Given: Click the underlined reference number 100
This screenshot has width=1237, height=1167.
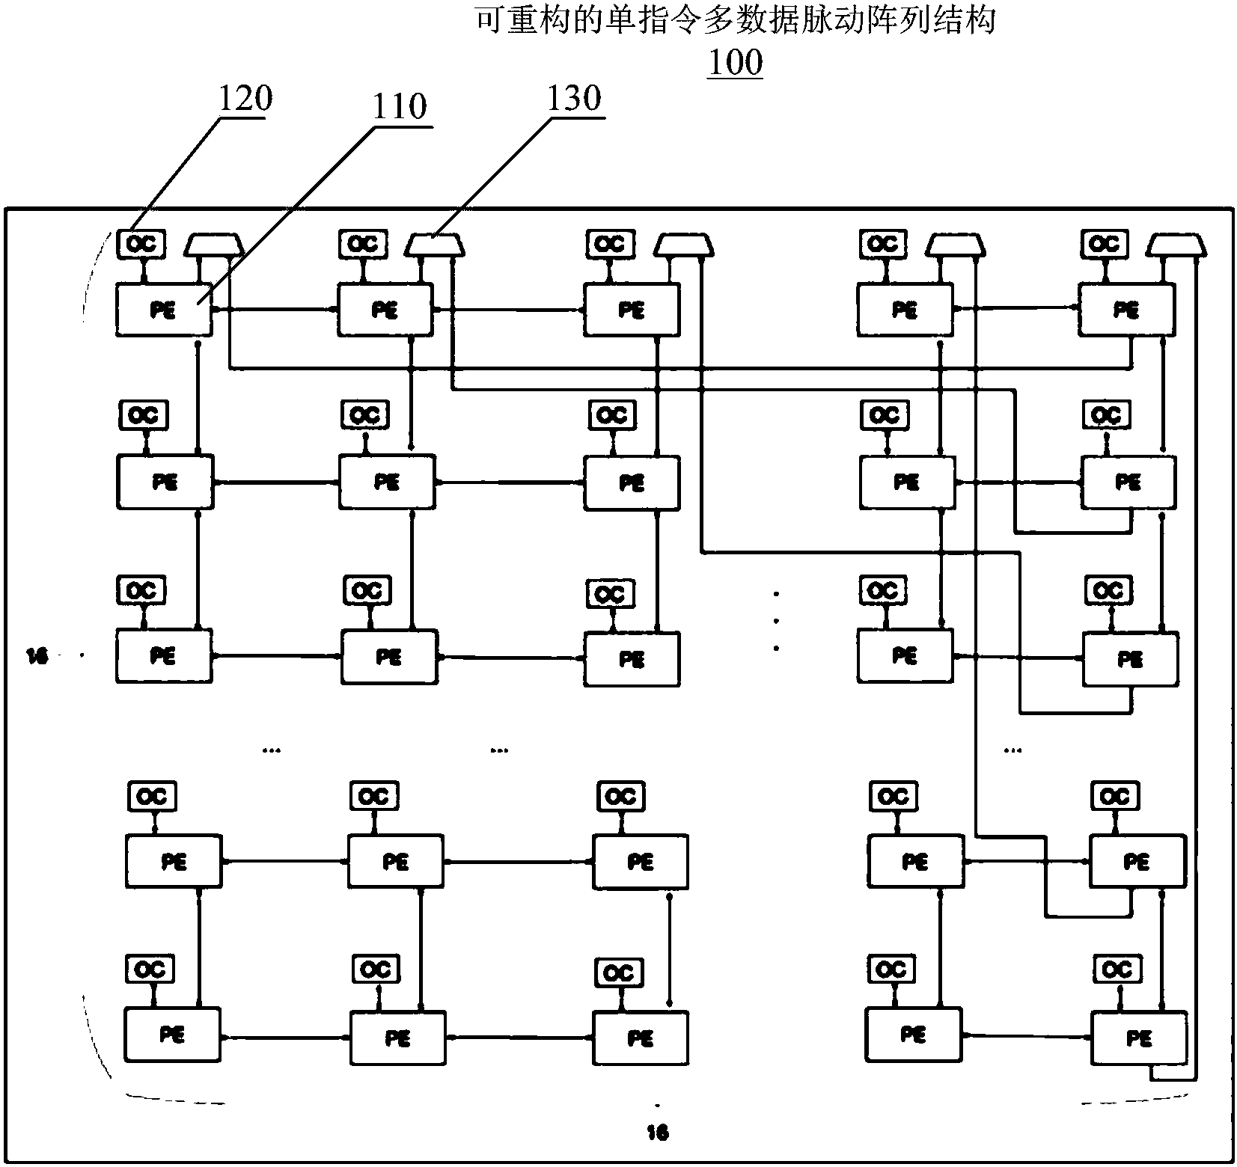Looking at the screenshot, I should [x=735, y=62].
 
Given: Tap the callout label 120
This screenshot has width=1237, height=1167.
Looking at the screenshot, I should [x=245, y=98].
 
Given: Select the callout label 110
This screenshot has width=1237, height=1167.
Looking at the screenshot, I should [x=400, y=106].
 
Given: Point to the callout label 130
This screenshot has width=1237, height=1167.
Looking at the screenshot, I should [x=574, y=98].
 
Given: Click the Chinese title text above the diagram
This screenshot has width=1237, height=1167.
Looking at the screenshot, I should [x=736, y=20].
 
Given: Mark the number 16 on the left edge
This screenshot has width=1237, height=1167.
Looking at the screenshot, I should [x=37, y=656].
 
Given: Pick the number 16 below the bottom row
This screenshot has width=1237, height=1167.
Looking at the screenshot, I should [x=657, y=1133].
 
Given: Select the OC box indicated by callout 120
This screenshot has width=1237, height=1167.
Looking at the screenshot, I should [x=141, y=244].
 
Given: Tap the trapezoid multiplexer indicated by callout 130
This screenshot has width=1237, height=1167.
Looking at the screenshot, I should [x=436, y=244].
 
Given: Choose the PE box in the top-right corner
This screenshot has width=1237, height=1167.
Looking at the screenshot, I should [x=1126, y=309].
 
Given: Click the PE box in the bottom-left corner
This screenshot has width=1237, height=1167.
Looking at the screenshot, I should [x=172, y=1035].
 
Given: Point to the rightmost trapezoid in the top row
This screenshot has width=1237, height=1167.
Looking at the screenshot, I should [x=1177, y=244].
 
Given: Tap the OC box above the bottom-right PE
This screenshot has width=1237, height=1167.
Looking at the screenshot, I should [x=1117, y=970].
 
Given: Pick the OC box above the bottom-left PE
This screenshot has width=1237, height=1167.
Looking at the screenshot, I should [x=150, y=970].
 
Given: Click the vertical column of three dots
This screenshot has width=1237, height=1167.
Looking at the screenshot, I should [x=777, y=621].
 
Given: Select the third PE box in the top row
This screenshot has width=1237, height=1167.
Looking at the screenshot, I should [x=632, y=309].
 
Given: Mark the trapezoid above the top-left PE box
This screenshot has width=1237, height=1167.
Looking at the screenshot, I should [x=214, y=244].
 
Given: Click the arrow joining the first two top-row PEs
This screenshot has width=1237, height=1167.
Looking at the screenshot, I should [x=275, y=309].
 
